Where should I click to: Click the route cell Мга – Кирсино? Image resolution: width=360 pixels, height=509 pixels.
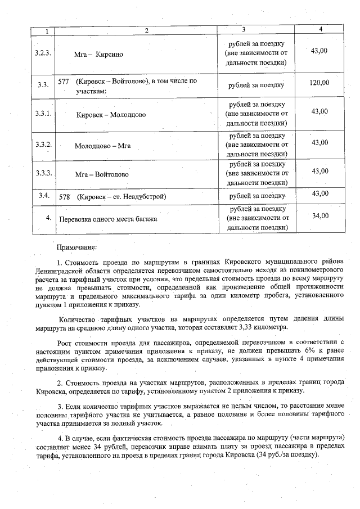98,55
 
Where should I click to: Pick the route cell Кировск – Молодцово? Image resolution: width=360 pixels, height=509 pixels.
111,114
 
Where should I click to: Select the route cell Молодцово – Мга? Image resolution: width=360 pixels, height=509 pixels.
102,145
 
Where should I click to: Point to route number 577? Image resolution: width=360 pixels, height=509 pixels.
64,81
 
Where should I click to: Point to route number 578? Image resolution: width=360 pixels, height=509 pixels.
64,197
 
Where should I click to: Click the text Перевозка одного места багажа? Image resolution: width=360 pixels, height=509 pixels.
109,218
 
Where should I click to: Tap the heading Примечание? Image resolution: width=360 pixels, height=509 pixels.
77,246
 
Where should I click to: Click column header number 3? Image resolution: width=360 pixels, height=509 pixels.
243,29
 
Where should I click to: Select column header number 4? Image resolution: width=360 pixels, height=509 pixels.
320,29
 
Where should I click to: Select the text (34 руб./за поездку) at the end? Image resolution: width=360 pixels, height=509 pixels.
287,454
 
